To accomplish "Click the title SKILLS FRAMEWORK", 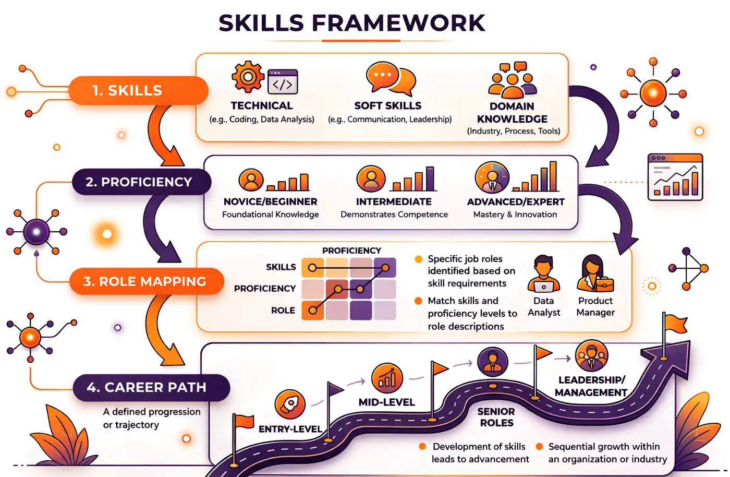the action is click(x=352, y=23).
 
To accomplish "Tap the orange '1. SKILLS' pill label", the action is click(x=138, y=90).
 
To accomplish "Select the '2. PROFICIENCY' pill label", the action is click(x=141, y=182).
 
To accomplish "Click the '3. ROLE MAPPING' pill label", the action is click(x=146, y=281).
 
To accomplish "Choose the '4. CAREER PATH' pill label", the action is click(x=151, y=387).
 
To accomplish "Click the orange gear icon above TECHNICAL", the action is click(x=248, y=77).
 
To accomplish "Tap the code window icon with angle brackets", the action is click(x=283, y=82).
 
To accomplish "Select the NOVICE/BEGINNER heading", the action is click(x=270, y=201).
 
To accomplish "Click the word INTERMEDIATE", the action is click(x=394, y=201).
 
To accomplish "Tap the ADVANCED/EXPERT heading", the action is click(x=516, y=201).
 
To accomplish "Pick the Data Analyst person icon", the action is click(x=543, y=274).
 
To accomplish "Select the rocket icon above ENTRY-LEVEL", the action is click(x=290, y=404).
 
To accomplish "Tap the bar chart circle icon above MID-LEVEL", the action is click(x=387, y=378).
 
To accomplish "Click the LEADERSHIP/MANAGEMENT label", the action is click(x=591, y=386).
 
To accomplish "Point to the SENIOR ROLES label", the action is click(x=496, y=417).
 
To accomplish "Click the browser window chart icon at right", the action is click(x=675, y=177).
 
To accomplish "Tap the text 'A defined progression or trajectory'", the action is click(x=152, y=418).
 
